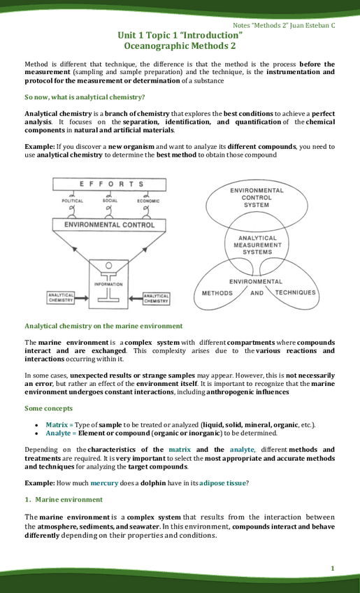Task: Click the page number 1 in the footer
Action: (333, 567)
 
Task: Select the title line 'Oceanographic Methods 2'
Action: (180, 45)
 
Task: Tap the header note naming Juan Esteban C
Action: (293, 24)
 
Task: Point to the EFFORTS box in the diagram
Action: (111, 185)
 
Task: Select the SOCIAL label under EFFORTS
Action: (110, 201)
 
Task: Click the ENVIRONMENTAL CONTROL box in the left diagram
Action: (110, 226)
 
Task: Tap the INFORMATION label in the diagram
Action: (109, 285)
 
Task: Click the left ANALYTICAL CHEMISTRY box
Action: (62, 299)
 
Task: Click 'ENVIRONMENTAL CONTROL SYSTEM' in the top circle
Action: (257, 197)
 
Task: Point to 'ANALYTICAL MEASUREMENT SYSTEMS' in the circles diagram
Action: (257, 245)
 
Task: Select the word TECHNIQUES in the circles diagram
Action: (295, 292)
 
